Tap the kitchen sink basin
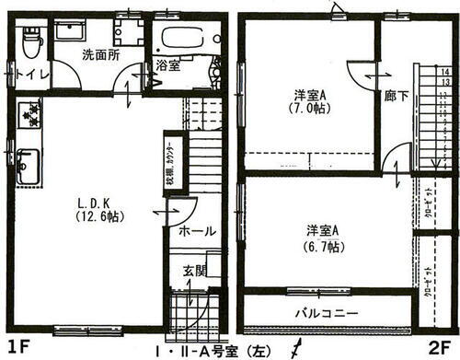point(27,167)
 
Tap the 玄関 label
point(194,270)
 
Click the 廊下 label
point(397,94)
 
